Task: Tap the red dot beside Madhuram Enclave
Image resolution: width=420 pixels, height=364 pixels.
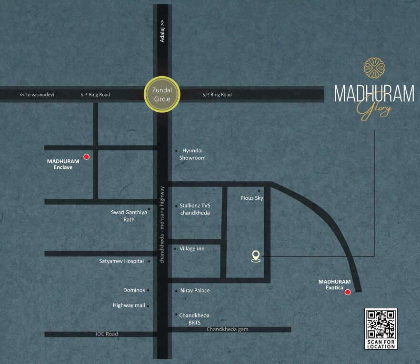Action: pos(86,156)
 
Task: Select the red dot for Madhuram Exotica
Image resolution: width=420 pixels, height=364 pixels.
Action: pos(348,292)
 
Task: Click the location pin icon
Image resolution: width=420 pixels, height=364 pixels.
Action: pos(256,256)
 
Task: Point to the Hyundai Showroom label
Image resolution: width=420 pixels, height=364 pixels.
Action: pos(192,154)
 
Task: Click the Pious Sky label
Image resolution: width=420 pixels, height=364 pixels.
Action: pos(252,198)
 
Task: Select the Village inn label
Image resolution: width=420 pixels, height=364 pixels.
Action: pos(192,248)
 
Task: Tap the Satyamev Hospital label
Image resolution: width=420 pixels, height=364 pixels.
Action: pos(121,261)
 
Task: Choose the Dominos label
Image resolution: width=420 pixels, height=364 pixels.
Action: pos(134,290)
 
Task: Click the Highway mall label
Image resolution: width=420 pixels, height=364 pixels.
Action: pos(129,305)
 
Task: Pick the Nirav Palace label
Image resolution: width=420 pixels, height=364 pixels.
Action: pos(195,290)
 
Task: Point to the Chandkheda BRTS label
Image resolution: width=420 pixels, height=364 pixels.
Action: pos(194,319)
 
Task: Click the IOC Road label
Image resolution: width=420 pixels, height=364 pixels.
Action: pos(107,334)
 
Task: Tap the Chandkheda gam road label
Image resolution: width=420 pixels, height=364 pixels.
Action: pos(227,329)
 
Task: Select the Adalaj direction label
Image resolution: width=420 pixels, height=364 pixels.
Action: pos(162,31)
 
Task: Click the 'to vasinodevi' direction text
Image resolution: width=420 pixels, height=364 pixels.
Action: pos(37,95)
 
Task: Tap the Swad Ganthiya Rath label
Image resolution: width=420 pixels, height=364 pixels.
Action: pos(129,216)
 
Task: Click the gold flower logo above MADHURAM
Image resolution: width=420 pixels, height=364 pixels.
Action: pos(374,68)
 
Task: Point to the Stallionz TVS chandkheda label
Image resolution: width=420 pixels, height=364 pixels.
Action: pos(194,209)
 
